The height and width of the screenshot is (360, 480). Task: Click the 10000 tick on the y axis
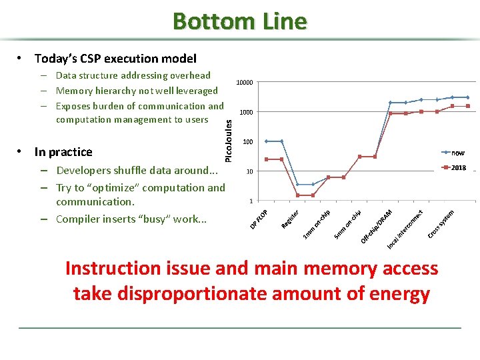pyautogui.click(x=245, y=83)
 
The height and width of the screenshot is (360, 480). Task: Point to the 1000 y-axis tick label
pyautogui.click(x=246, y=112)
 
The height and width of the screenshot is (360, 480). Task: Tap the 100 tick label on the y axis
pyautogui.click(x=247, y=142)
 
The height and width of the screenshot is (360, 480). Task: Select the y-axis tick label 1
pyautogui.click(x=250, y=201)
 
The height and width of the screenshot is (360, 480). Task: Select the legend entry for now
pyautogui.click(x=458, y=153)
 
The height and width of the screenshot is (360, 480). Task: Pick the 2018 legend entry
pyautogui.click(x=458, y=168)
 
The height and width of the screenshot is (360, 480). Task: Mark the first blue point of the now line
pyautogui.click(x=267, y=141)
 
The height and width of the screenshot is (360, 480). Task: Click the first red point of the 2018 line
pyautogui.click(x=267, y=159)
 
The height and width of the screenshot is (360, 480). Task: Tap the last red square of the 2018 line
pyautogui.click(x=468, y=106)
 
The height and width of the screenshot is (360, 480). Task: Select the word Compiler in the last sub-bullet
pyautogui.click(x=79, y=219)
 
